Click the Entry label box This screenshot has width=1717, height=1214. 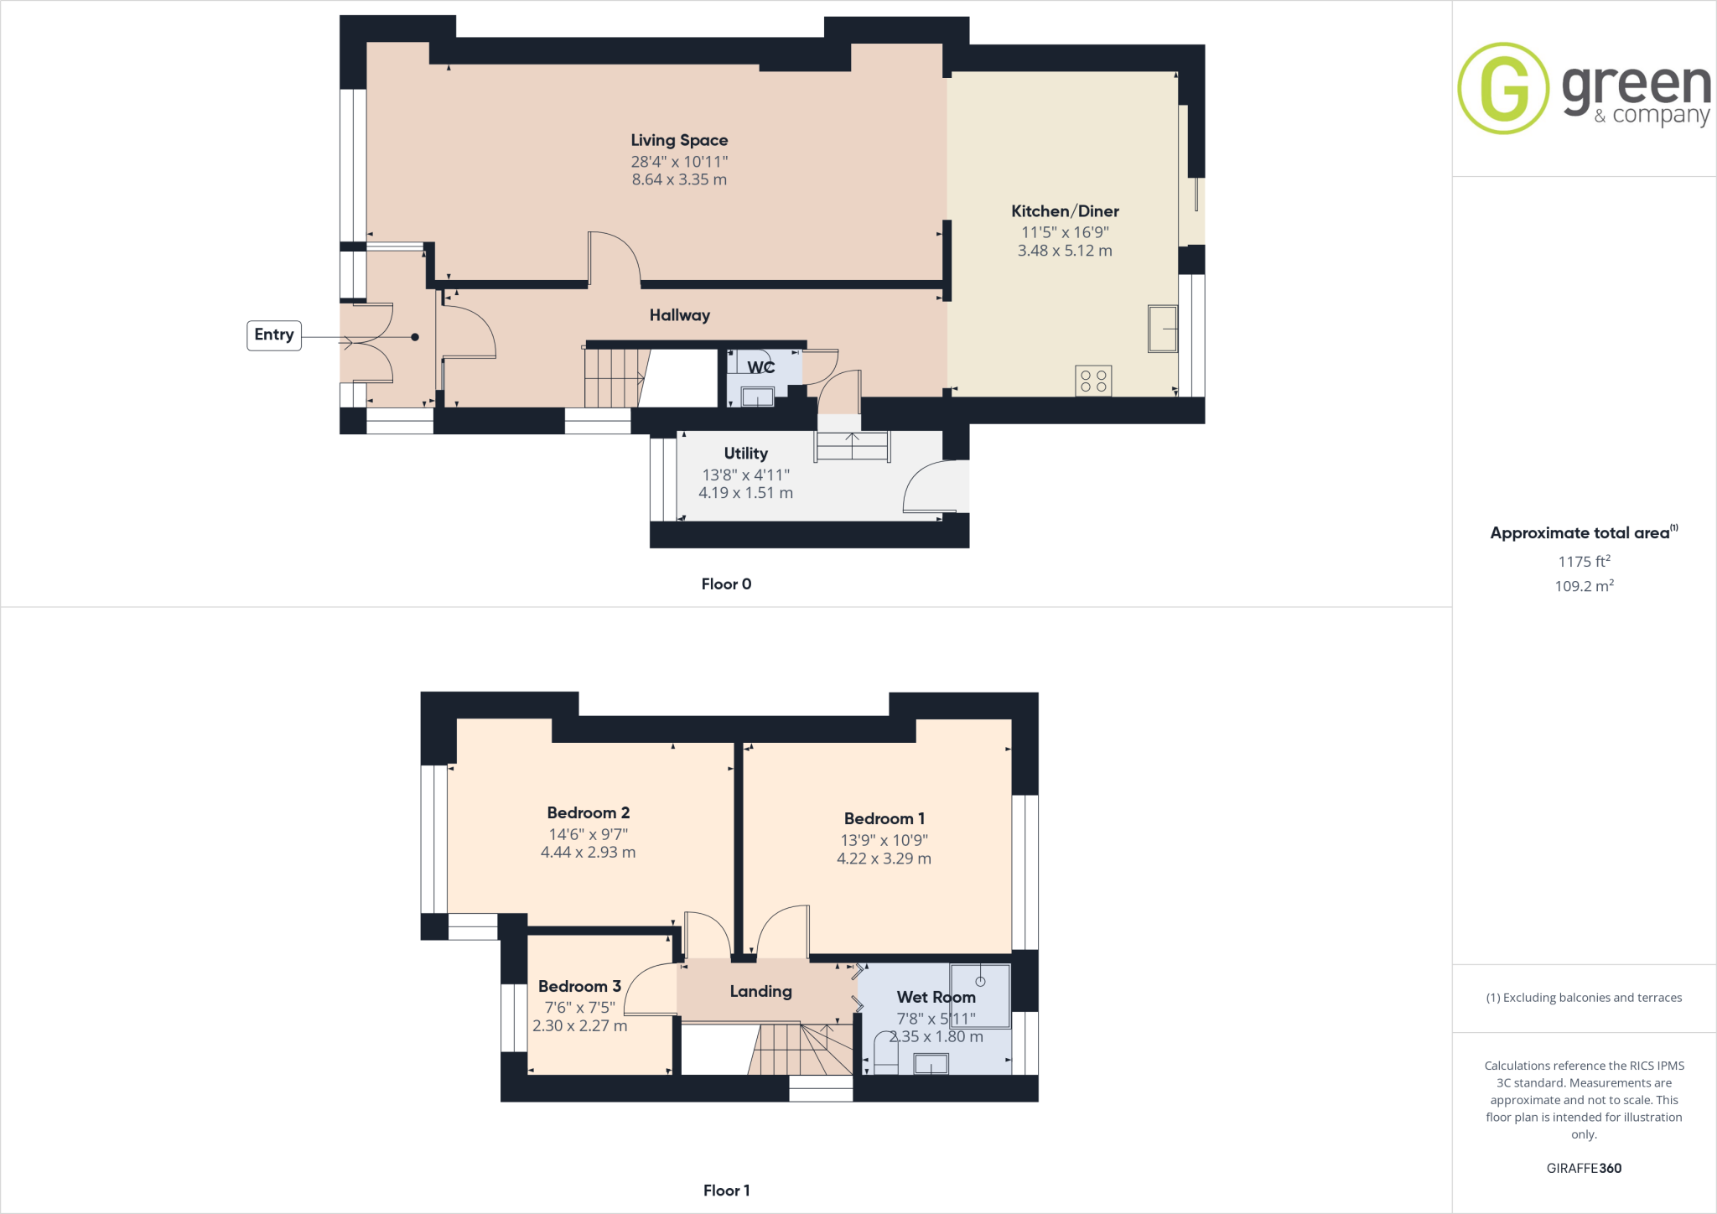click(274, 335)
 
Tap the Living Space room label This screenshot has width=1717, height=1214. click(679, 140)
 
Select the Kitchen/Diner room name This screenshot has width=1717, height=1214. click(1065, 211)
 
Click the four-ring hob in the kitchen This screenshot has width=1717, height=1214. click(1093, 381)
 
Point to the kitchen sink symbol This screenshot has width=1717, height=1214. click(1163, 329)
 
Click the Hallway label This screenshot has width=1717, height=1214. click(679, 315)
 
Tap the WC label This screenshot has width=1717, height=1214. click(760, 367)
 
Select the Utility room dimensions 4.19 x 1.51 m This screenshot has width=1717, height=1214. click(745, 493)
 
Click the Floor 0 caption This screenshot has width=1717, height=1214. click(726, 584)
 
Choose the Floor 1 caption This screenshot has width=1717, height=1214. click(726, 1191)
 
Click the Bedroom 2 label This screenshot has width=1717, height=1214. click(588, 812)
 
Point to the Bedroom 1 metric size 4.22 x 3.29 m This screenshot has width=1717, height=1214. click(884, 859)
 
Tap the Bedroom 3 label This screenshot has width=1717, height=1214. click(579, 986)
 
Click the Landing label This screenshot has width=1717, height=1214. click(760, 991)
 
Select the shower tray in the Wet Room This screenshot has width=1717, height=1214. click(979, 995)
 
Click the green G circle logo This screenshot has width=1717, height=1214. click(1503, 88)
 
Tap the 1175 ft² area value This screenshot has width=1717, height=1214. click(1584, 562)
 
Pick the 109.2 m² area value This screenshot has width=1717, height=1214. click(1584, 586)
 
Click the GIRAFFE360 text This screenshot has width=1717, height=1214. click(1584, 1168)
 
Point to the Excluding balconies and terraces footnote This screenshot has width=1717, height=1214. click(1584, 998)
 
